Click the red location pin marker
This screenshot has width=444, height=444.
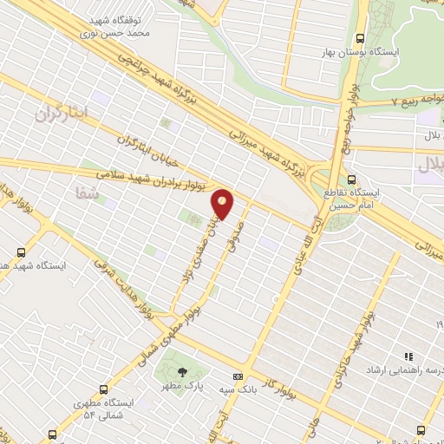pos(223,205)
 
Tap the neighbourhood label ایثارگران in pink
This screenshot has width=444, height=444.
pos(62,114)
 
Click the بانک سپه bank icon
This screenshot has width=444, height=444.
pos(238,376)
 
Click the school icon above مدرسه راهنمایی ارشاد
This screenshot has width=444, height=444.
pos(408,356)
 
